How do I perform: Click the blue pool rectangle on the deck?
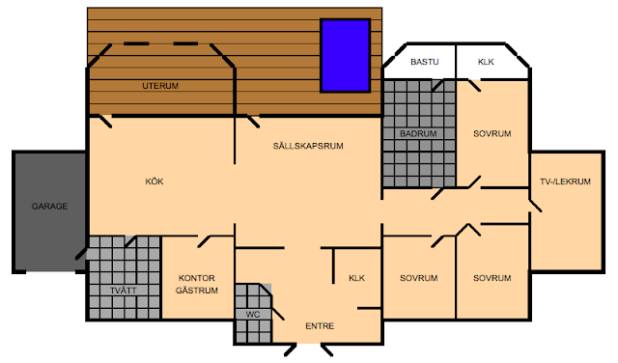pos(346,56)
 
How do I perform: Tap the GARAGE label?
pos(49,207)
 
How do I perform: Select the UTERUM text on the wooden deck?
pos(160,86)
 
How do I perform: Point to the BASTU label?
pos(425,62)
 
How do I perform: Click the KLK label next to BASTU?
pos(486,62)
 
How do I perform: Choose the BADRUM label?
pos(418,133)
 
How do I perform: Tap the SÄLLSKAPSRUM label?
pos(308,146)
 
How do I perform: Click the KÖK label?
pos(154,181)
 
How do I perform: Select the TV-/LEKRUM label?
pos(565,181)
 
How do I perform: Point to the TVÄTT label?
pos(124,291)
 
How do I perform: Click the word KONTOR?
pos(197,278)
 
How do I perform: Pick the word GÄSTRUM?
pos(197,291)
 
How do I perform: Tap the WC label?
pos(253,315)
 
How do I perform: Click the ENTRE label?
pos(320,326)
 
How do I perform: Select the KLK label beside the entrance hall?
pos(356,278)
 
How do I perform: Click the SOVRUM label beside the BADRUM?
pos(492,133)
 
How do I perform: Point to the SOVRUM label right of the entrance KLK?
pos(418,278)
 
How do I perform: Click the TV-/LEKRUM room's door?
pos(535,206)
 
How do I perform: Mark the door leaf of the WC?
pos(277,313)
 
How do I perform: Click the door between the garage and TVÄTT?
pos(81,254)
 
